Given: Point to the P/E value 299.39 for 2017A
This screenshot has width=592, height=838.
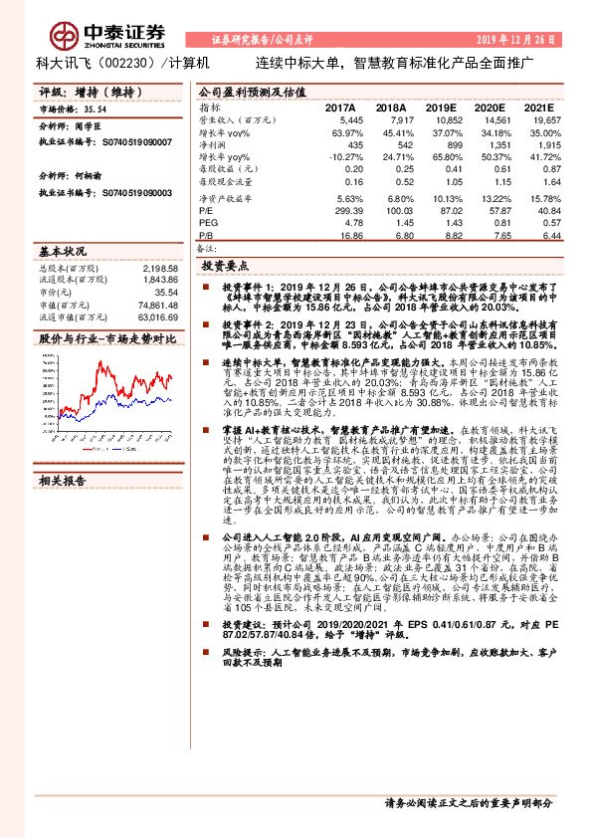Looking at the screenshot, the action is click(347, 213).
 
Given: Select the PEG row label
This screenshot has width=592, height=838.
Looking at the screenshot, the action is click(207, 224).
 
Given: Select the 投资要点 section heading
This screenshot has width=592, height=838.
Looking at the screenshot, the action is click(225, 268).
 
